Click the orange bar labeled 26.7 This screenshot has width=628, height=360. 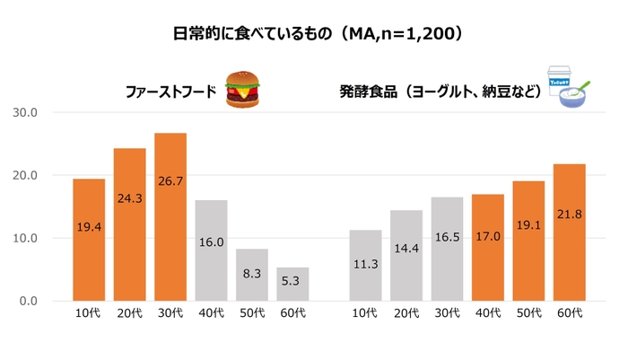coord(170,216)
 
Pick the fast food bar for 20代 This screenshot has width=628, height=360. coord(129,224)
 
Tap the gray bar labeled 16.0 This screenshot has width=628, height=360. coord(211,250)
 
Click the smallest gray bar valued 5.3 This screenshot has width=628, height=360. coord(292,284)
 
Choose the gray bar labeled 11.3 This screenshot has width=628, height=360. coord(365,265)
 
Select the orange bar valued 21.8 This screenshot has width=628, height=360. coord(569,233)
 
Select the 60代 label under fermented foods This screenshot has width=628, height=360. coord(569,313)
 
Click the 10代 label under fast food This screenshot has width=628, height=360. coord(89,313)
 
